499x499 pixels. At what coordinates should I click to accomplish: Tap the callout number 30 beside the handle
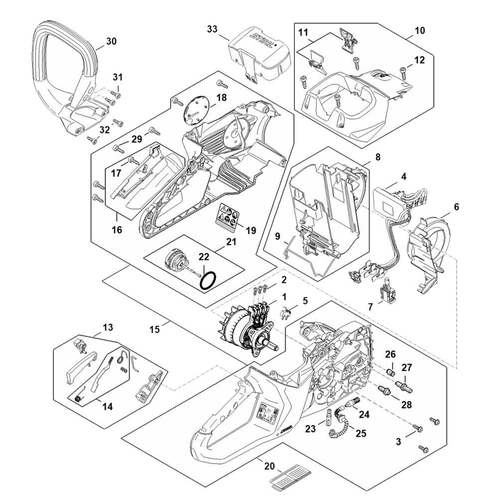coord(111,41)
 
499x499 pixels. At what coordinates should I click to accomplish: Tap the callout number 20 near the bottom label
coord(269,467)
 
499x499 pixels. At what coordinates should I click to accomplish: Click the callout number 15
coord(154,329)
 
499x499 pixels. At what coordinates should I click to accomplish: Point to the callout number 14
coord(107,406)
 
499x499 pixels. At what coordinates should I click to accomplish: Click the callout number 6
coord(456,206)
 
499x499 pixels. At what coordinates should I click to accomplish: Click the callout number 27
coord(407,368)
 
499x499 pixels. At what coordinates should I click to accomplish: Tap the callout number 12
coord(419,60)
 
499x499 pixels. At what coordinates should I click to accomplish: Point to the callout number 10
coord(419,30)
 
